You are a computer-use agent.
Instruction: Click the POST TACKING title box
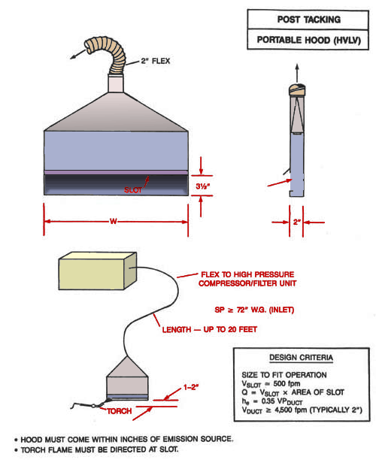point(308,20)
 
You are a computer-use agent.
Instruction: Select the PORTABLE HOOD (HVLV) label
point(309,40)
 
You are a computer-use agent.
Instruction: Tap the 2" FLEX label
point(155,61)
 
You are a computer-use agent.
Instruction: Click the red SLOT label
point(132,190)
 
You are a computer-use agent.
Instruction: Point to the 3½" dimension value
point(203,186)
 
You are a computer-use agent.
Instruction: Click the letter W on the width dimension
point(114,222)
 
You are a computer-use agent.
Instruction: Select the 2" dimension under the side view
point(297,222)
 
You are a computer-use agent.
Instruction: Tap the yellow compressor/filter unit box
point(98,271)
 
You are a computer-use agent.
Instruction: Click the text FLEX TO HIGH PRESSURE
point(247,274)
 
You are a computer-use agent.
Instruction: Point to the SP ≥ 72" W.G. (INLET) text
point(254,310)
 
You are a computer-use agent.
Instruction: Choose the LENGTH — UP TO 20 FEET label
point(210,329)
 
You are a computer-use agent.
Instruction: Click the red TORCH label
point(119,411)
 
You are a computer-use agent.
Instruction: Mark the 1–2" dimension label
point(191,387)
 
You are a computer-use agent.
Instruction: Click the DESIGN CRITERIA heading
point(301,358)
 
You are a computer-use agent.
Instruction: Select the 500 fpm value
point(287,384)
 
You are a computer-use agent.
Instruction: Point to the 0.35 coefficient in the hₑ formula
point(269,401)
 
